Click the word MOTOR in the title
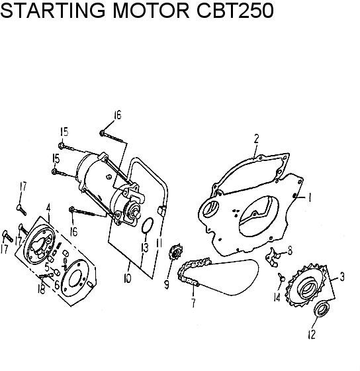[151, 11]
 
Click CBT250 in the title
[235, 11]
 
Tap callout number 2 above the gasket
[257, 138]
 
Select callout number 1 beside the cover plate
[309, 197]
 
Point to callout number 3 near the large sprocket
[341, 277]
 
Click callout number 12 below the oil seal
[312, 335]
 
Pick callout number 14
[277, 297]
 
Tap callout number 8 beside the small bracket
[290, 250]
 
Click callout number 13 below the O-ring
[145, 248]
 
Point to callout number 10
[127, 278]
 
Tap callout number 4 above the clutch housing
[48, 208]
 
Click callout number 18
[42, 289]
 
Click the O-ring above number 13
[148, 225]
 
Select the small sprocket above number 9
[175, 252]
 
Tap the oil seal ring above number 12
[322, 309]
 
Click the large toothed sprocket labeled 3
[305, 286]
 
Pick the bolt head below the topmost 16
[102, 132]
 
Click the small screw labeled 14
[281, 277]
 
